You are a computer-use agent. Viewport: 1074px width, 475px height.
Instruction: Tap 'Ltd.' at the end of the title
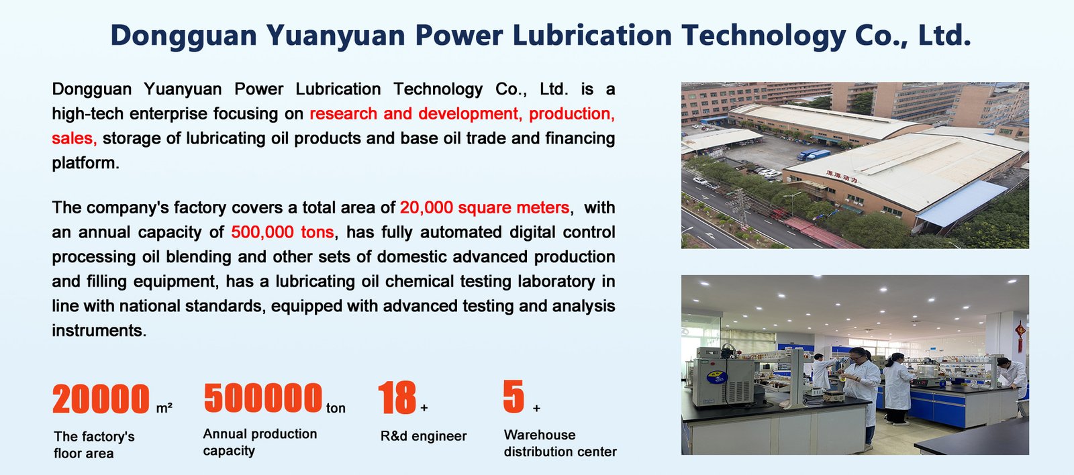pyautogui.click(x=944, y=35)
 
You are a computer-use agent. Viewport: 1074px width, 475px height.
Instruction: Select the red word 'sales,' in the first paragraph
pyautogui.click(x=75, y=138)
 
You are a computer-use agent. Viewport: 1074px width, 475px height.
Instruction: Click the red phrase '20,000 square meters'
pyautogui.click(x=485, y=207)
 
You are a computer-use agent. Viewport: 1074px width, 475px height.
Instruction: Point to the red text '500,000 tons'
pyautogui.click(x=283, y=232)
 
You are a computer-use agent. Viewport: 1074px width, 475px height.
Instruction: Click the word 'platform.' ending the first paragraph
pyautogui.click(x=85, y=164)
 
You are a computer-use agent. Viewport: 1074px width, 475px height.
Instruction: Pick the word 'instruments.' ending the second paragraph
pyautogui.click(x=99, y=331)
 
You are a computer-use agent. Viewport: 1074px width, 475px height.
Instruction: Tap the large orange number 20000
pyautogui.click(x=101, y=399)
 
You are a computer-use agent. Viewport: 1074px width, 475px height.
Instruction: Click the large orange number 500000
pyautogui.click(x=262, y=397)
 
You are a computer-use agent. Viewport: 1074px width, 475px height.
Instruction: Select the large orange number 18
pyautogui.click(x=397, y=397)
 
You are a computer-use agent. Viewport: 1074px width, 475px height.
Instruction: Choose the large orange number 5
pyautogui.click(x=514, y=397)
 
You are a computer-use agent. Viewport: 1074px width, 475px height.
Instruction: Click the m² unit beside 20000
pyautogui.click(x=164, y=409)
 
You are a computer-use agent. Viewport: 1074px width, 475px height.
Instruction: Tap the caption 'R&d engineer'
pyautogui.click(x=424, y=436)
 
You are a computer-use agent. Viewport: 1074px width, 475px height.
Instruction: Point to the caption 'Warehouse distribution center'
pyautogui.click(x=560, y=443)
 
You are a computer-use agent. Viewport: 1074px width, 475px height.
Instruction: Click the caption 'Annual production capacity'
pyautogui.click(x=260, y=442)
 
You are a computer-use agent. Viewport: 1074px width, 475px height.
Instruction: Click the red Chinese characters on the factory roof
pyautogui.click(x=842, y=176)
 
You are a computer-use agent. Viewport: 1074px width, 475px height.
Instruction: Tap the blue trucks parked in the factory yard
pyautogui.click(x=813, y=154)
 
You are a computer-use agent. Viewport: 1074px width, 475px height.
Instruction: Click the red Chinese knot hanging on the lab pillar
pyautogui.click(x=1020, y=336)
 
